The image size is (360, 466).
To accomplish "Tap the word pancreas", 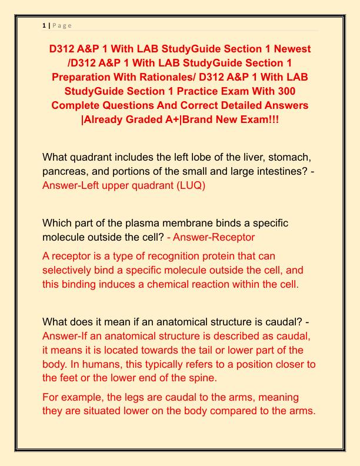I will (x=66, y=171).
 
